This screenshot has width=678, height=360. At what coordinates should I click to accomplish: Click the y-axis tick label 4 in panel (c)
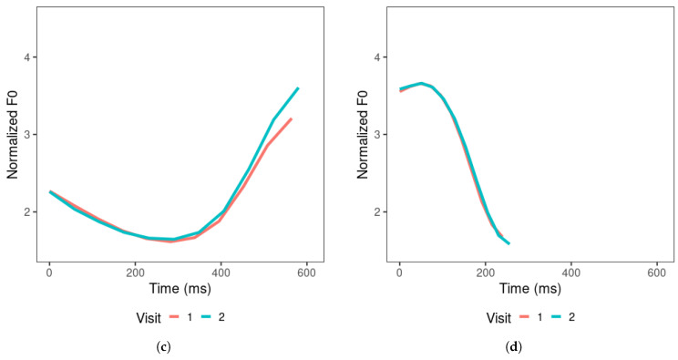click(x=28, y=57)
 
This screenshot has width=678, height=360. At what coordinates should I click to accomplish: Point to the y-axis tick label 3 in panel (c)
click(x=28, y=135)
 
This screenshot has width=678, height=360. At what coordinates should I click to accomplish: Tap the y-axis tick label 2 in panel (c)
click(x=28, y=211)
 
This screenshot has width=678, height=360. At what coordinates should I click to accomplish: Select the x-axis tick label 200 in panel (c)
click(x=135, y=271)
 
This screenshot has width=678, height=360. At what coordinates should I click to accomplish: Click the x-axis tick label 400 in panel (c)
click(x=221, y=271)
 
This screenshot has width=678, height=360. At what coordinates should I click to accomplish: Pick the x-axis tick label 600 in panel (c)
click(x=306, y=271)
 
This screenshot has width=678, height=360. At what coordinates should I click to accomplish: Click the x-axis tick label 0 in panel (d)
click(x=399, y=271)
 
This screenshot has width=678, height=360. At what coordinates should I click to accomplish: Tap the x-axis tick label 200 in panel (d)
click(x=485, y=271)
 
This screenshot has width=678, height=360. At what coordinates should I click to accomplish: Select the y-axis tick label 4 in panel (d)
click(x=378, y=57)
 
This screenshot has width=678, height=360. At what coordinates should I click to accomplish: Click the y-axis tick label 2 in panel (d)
click(x=378, y=211)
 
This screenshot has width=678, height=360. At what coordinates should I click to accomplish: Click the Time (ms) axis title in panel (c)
click(x=178, y=288)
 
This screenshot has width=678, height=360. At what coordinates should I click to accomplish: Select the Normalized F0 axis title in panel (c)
click(x=12, y=135)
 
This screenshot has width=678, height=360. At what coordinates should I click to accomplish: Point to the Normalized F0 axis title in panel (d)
click(x=362, y=135)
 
